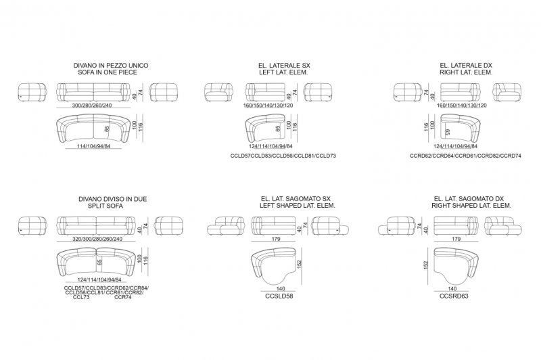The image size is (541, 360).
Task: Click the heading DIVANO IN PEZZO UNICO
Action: pos(111,65)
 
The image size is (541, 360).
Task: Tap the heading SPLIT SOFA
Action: pos(105,206)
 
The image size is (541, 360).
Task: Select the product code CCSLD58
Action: pos(279,296)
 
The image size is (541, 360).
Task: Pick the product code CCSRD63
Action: pos(454,296)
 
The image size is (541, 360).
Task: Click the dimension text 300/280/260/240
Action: pos(92,106)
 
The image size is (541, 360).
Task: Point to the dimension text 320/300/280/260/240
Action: pos(97,239)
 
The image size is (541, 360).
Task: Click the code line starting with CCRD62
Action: pos(465,156)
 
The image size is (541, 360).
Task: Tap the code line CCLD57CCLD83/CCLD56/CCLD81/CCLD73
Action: pos(283,156)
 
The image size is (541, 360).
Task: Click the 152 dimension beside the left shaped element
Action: pos(299,265)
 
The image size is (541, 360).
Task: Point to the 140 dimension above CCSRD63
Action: pos(452,288)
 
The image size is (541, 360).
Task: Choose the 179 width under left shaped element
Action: pos(276,239)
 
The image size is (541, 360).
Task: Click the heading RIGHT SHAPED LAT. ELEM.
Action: pos(471,206)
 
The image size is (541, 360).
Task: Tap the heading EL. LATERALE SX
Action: pos(284,65)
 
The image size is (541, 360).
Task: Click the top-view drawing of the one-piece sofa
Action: pos(93,129)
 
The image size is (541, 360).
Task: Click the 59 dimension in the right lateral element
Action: pos(448,131)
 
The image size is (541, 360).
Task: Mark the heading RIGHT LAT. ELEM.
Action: pos(466,72)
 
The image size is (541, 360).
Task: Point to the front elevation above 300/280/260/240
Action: pos(93,92)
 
